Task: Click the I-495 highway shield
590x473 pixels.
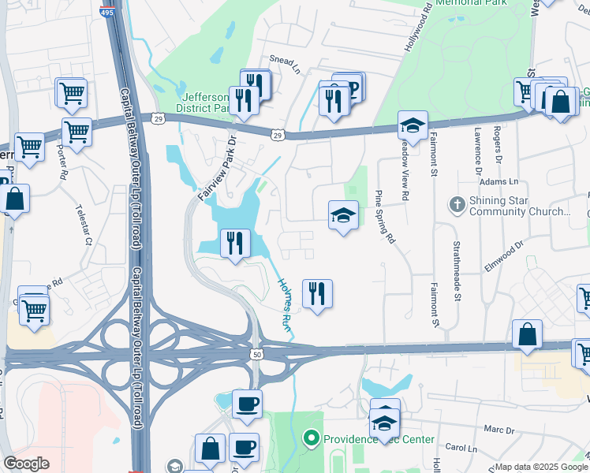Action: coord(106,11)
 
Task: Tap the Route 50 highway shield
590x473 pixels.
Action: coord(257,356)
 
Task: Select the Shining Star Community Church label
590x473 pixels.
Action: coord(518,206)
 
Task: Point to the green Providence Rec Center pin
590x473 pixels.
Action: coord(312,437)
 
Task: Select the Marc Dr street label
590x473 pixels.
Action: coord(499,430)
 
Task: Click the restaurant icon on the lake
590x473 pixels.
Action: coord(234,244)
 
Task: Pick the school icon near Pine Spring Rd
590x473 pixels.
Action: coord(343,214)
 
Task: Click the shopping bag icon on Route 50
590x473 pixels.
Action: coord(527,334)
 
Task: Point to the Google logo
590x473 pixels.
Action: coord(26,464)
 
